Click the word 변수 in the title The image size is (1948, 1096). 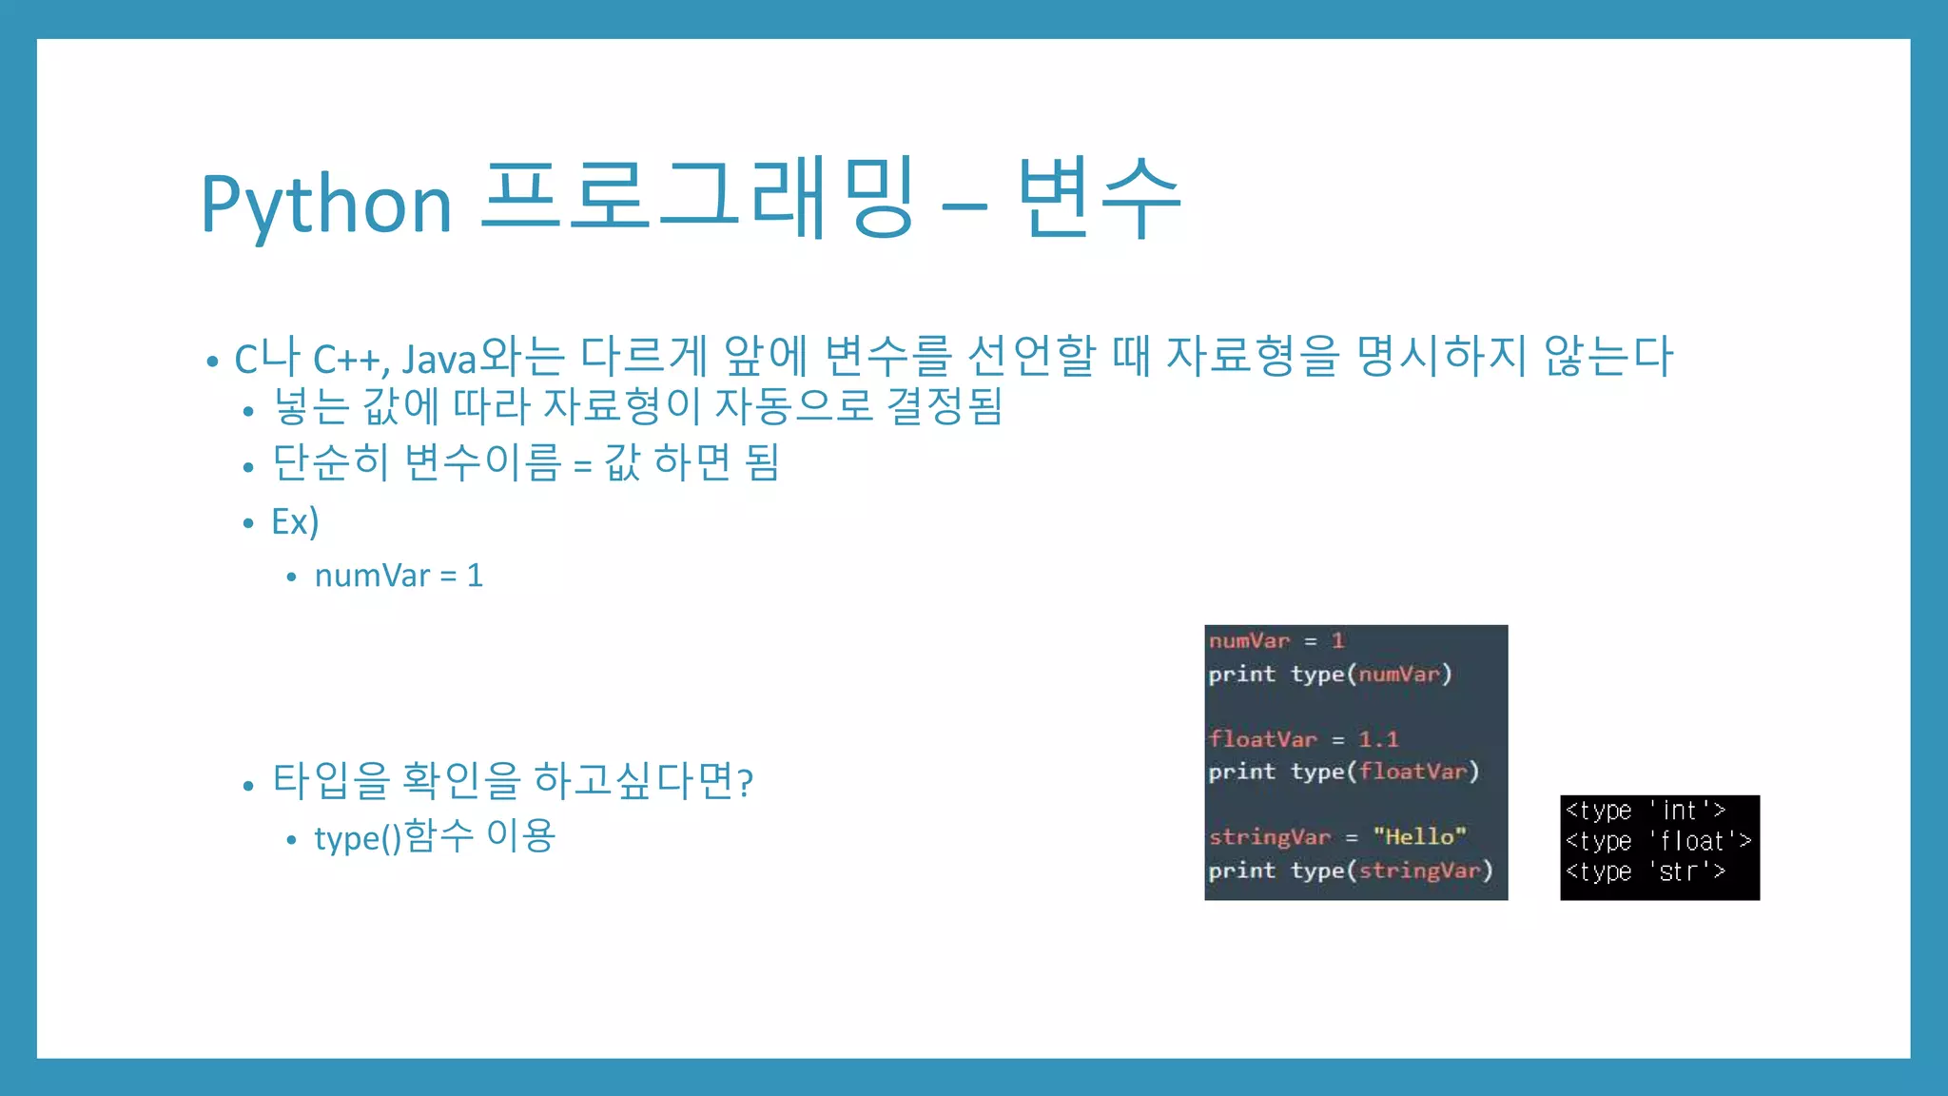coord(1099,200)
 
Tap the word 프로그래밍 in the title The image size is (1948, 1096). coord(699,200)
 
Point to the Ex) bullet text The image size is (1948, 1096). coord(295,521)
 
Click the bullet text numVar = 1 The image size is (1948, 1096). coord(399,576)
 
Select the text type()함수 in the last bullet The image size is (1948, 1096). coord(394,837)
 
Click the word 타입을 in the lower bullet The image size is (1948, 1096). coord(331,780)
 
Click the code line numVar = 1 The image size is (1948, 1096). coord(1276,640)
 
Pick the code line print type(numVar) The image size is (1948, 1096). coord(1329,674)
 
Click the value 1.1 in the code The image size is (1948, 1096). coord(1377,739)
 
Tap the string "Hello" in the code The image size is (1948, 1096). coord(1418,836)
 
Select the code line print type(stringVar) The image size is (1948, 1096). coord(1350,870)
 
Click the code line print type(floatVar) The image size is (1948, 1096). coord(1343,772)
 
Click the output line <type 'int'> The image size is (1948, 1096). coord(1645,811)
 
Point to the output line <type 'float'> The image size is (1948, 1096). coord(1658,841)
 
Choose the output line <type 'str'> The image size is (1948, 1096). coord(1645,871)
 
